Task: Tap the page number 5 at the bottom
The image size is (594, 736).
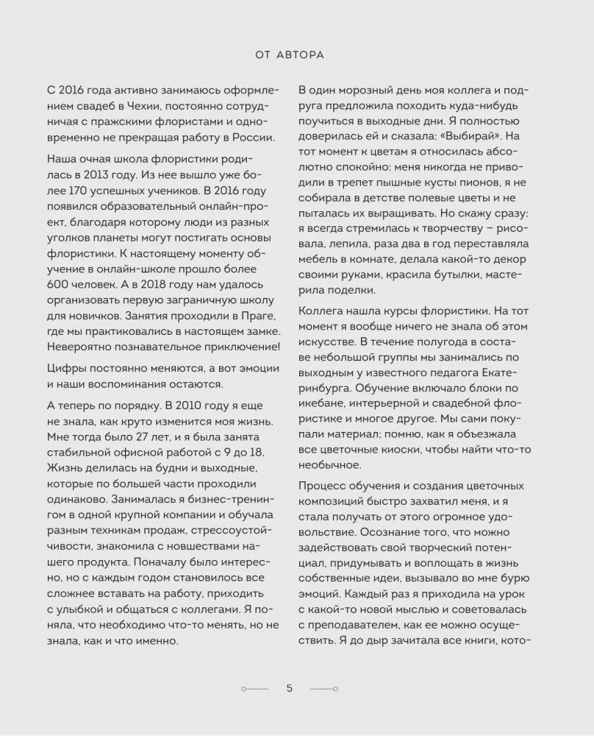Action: click(x=290, y=688)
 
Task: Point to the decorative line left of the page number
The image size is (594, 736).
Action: click(x=256, y=689)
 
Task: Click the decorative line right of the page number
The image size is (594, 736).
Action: click(x=323, y=689)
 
